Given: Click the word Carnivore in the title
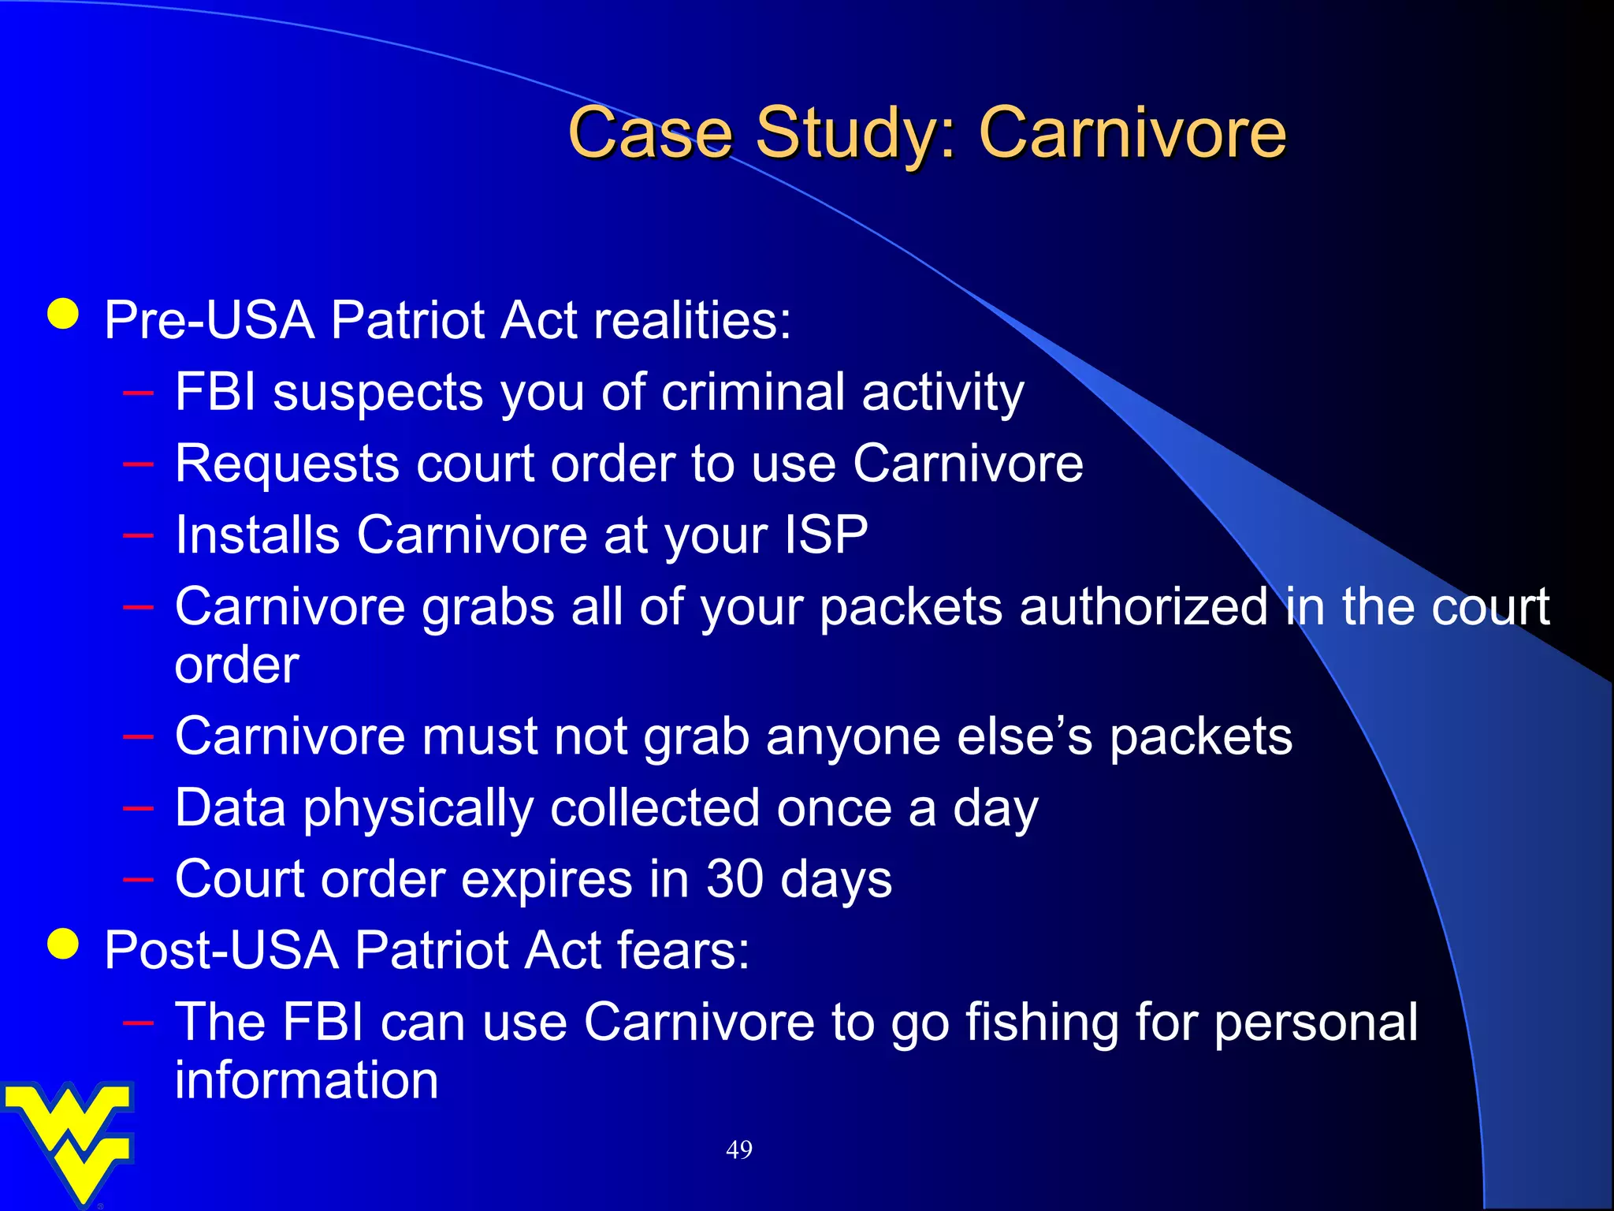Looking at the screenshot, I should click(x=1132, y=132).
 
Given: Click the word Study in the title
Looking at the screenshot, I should click(x=856, y=134).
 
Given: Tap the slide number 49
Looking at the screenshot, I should click(x=738, y=1150).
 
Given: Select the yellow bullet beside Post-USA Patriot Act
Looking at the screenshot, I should click(x=63, y=944).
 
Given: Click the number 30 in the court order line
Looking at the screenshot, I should click(x=734, y=878).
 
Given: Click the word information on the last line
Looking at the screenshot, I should click(x=306, y=1080).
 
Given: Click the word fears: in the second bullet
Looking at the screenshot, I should click(x=682, y=950).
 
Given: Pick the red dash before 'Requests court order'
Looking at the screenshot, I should click(x=138, y=464).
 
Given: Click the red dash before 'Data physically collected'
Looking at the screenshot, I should click(x=138, y=808).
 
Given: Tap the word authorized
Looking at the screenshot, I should click(x=1143, y=607).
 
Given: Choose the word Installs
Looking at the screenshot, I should click(x=257, y=535).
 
